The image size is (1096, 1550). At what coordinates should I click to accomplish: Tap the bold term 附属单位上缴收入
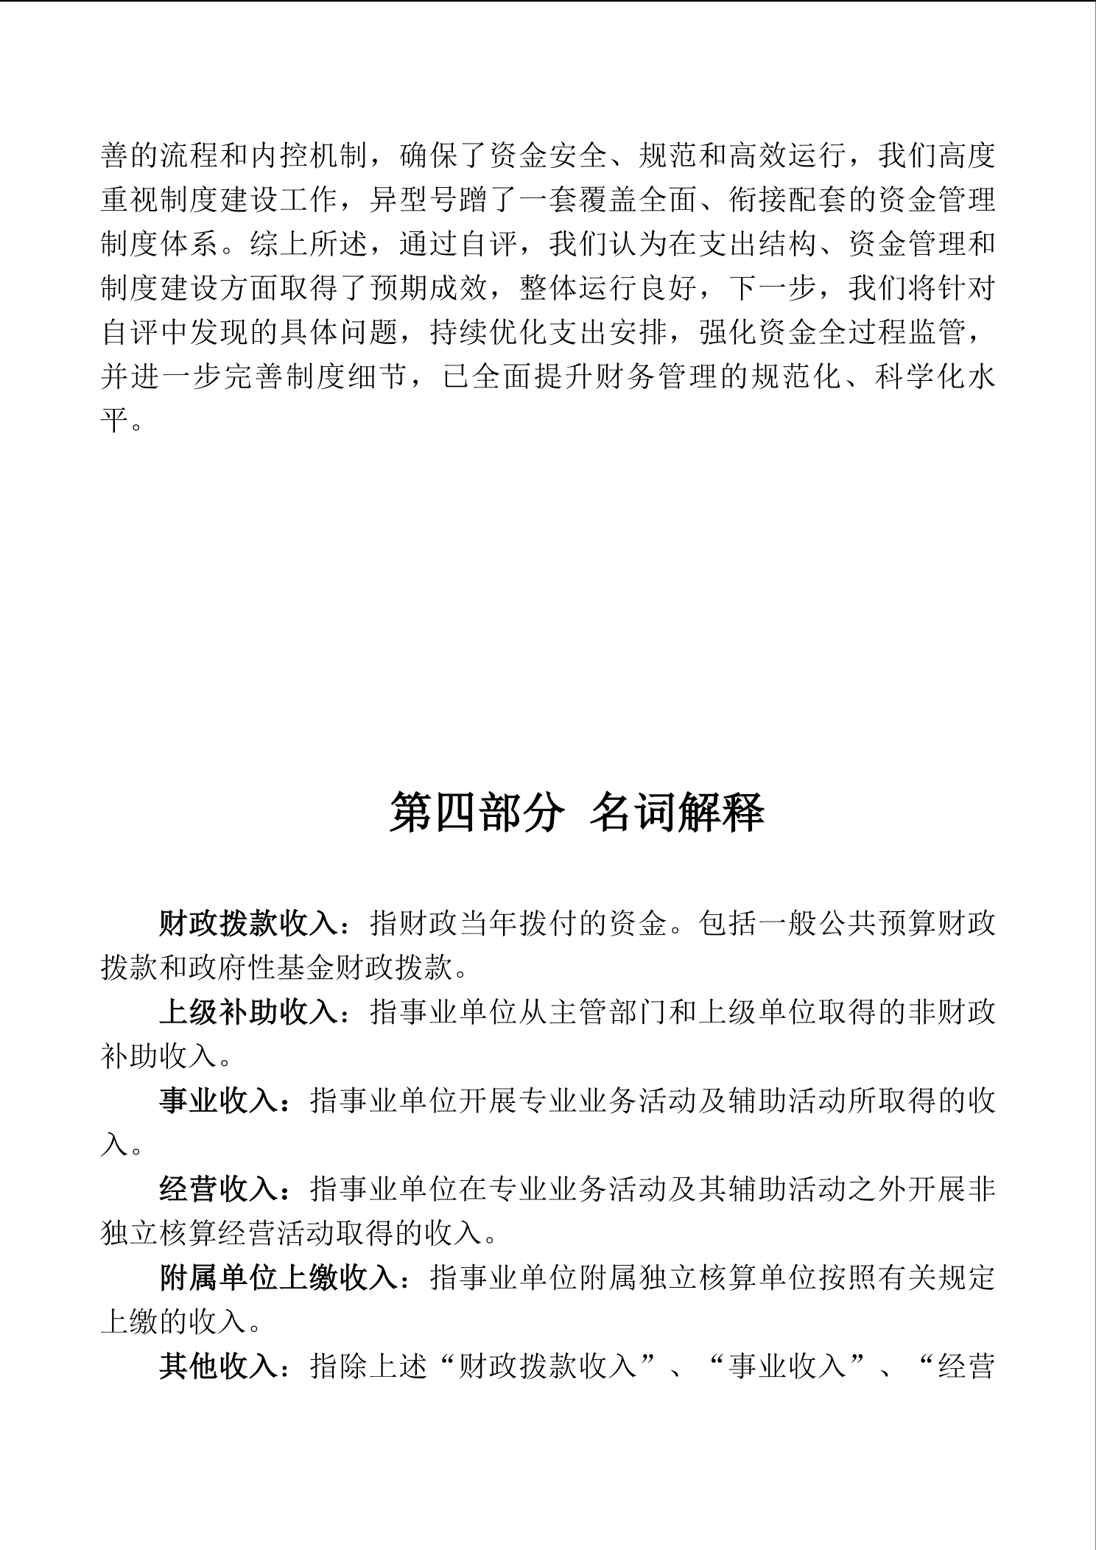click(x=278, y=1277)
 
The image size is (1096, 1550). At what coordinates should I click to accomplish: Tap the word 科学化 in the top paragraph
click(x=920, y=376)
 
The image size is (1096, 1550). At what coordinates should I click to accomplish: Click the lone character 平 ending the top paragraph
click(x=115, y=421)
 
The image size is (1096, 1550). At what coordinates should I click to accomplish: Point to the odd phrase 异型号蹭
click(x=429, y=200)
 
